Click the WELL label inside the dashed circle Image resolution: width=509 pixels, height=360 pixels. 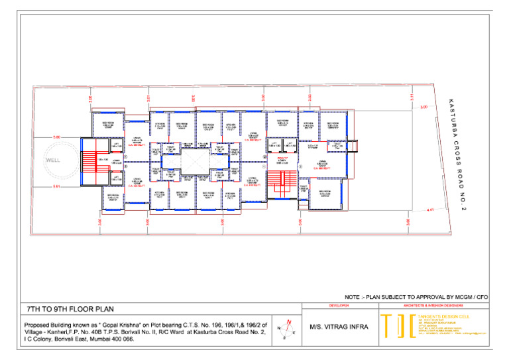(x=53, y=160)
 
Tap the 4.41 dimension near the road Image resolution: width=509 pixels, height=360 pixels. (x=430, y=210)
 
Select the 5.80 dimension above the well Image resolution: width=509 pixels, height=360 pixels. (x=56, y=137)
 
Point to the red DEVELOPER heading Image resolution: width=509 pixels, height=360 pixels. (x=339, y=306)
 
